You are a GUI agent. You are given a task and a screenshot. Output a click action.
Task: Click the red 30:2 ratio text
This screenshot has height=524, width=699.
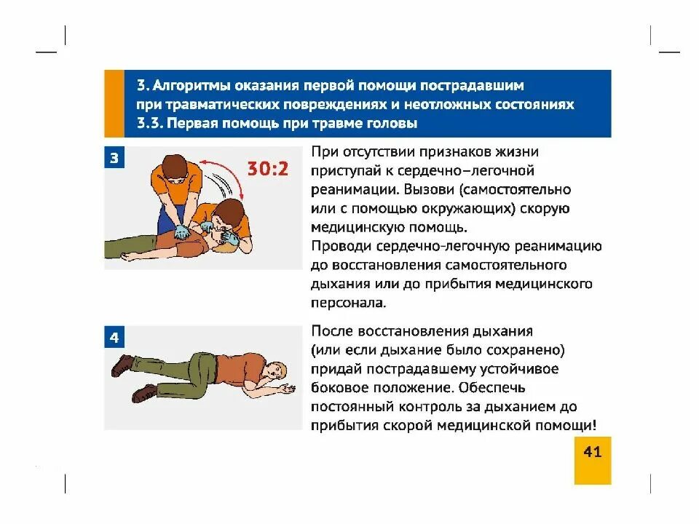(x=267, y=170)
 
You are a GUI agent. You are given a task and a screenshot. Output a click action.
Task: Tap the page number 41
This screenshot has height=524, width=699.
(x=593, y=452)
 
